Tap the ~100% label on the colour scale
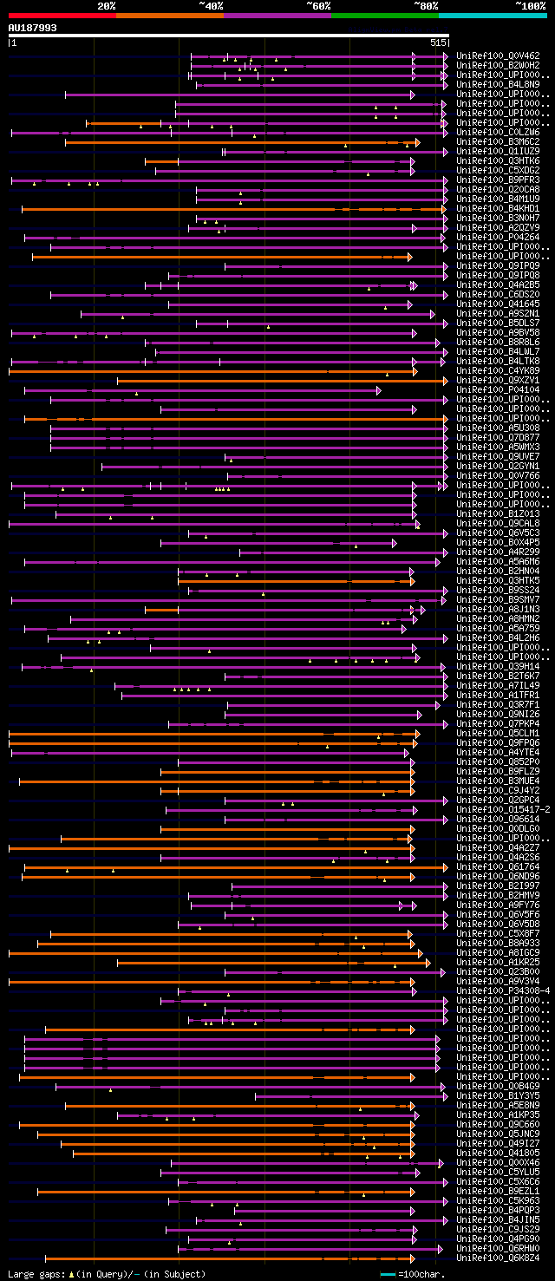coord(530,6)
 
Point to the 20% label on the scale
coord(107,6)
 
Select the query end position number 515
coord(438,42)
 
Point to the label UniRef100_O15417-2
coord(502,809)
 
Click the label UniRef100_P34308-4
coord(502,990)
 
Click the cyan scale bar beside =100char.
coord(388,1274)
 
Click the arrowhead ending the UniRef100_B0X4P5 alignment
coord(394,543)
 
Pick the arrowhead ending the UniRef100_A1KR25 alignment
coord(428,962)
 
